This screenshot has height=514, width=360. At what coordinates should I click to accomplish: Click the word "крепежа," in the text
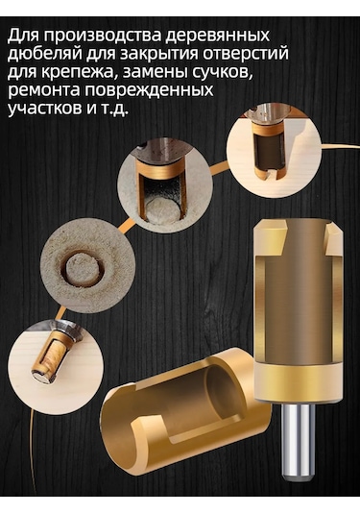tap(79, 73)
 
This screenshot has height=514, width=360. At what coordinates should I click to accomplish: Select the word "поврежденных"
tap(149, 91)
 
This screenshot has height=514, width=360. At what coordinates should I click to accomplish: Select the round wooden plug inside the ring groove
tap(84, 269)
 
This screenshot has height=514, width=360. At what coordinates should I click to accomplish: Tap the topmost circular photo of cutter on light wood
tap(274, 153)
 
